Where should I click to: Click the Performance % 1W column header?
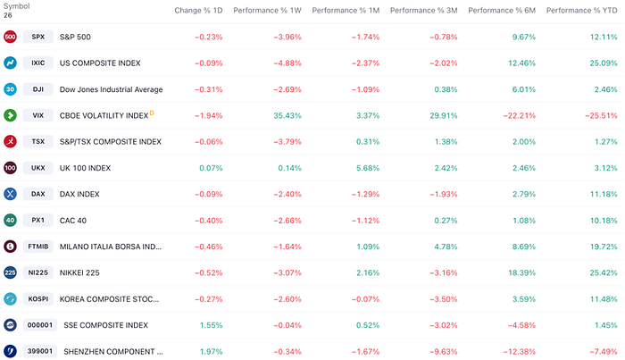click(267, 11)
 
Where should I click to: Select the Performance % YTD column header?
click(581, 11)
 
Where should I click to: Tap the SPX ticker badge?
click(37, 37)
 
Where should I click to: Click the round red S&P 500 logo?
click(10, 37)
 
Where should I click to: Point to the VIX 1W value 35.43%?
click(287, 115)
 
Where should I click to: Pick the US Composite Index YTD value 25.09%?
click(604, 63)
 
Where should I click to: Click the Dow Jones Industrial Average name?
click(112, 89)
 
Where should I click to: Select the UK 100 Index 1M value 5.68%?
click(368, 168)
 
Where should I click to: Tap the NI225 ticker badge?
click(37, 272)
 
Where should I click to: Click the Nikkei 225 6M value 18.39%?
click(521, 272)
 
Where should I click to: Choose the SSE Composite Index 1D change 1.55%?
click(211, 325)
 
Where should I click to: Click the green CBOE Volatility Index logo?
click(10, 115)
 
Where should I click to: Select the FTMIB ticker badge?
click(37, 247)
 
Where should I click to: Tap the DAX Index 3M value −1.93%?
click(443, 194)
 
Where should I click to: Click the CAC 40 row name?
click(73, 221)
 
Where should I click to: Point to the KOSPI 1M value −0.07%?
click(365, 299)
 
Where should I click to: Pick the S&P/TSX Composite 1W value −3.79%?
click(287, 141)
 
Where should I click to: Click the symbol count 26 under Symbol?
click(8, 15)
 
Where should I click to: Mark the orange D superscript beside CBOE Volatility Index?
click(152, 113)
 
